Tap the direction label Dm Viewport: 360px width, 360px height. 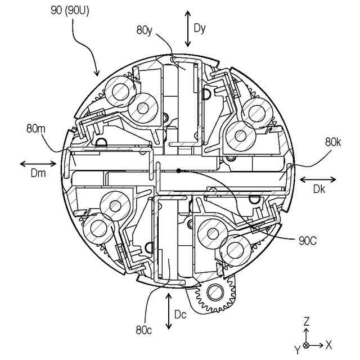pyautogui.click(x=37, y=175)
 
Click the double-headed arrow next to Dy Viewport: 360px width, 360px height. pyautogui.click(x=188, y=27)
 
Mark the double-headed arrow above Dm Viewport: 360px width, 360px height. pyautogui.click(x=38, y=164)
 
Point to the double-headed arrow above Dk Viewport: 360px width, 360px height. pyautogui.click(x=318, y=179)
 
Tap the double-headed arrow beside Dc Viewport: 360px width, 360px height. pyautogui.click(x=169, y=310)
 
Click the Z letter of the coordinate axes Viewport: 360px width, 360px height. pyautogui.click(x=307, y=321)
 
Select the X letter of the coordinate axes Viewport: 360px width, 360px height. pyautogui.click(x=329, y=344)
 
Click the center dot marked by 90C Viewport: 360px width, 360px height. pyautogui.click(x=178, y=170)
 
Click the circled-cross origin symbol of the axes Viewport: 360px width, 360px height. pyautogui.click(x=306, y=344)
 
